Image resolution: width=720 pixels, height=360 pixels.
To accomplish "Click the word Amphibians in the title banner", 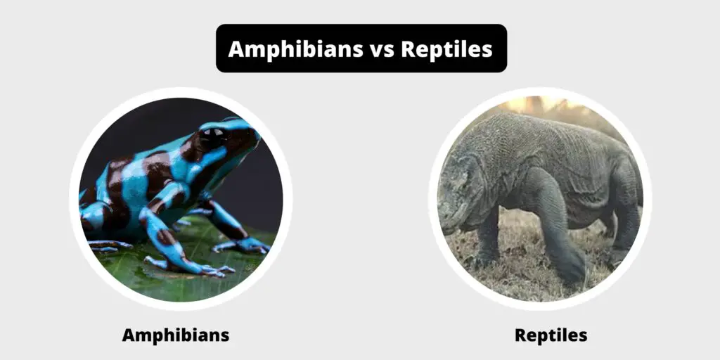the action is click(x=296, y=49).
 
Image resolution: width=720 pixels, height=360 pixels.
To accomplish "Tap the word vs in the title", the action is click(x=382, y=49).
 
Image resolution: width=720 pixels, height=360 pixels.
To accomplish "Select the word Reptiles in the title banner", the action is click(x=446, y=49).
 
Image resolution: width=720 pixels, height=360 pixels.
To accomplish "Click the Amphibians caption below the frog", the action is click(x=176, y=335).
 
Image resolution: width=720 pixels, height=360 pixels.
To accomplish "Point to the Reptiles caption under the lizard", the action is click(x=551, y=335).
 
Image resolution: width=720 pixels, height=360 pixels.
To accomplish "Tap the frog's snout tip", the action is click(x=257, y=134).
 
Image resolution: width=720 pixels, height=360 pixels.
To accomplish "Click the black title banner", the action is click(x=361, y=49).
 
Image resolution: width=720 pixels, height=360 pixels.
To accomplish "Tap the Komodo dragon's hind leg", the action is click(x=625, y=216).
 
